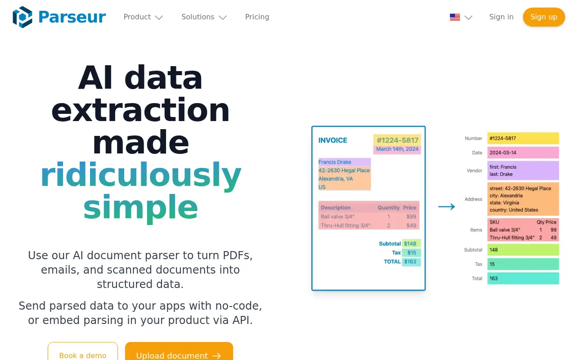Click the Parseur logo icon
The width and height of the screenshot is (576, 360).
[x=22, y=17]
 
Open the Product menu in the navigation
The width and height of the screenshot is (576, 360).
[x=143, y=17]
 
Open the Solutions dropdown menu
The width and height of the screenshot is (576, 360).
[x=203, y=17]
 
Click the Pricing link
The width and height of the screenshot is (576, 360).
[x=257, y=17]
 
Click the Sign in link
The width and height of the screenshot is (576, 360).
[x=501, y=17]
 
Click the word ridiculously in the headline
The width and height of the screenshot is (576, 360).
[x=140, y=175]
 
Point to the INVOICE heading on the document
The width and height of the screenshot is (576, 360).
[x=333, y=140]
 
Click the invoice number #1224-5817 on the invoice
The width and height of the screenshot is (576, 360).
[x=397, y=140]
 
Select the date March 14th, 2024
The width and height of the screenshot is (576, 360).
[x=397, y=149]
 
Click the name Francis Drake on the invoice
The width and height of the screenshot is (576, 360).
[x=335, y=162]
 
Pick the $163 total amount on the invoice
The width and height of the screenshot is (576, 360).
[x=410, y=261]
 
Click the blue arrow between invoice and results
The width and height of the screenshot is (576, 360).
[x=446, y=207]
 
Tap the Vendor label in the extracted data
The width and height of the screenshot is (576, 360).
[x=474, y=171]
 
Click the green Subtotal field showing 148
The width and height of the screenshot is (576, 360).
[x=522, y=250]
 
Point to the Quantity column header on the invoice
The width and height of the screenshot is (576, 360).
[x=388, y=207]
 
